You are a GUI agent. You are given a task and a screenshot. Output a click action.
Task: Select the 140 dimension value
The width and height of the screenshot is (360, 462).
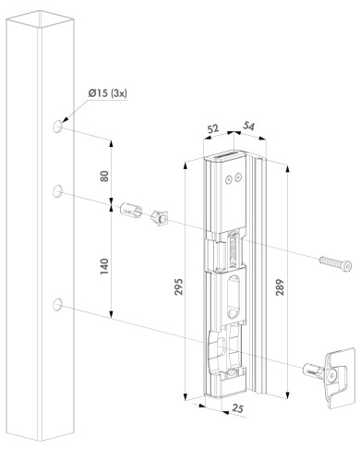106,266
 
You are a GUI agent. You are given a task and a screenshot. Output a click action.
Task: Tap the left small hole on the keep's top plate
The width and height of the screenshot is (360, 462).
226,181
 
